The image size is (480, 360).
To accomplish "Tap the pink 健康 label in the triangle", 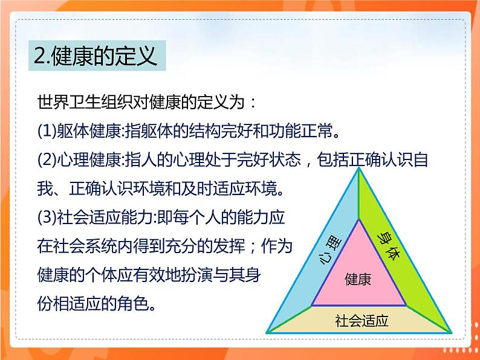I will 358,279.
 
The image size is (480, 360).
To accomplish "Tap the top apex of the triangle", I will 360,170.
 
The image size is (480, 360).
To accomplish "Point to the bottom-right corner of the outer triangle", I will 450,331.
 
